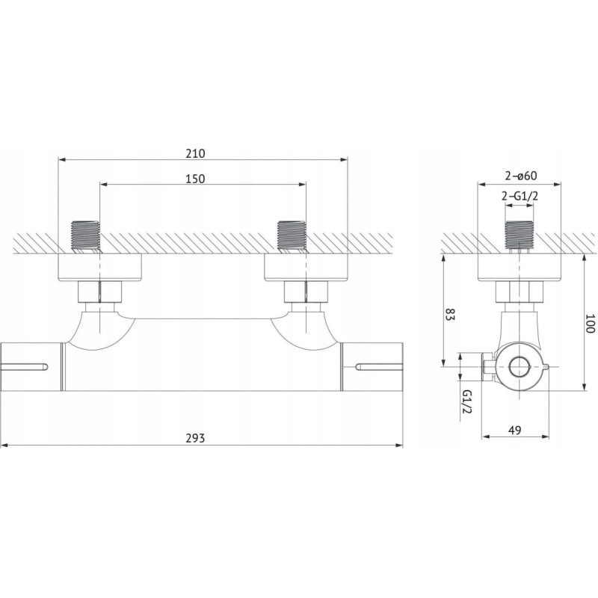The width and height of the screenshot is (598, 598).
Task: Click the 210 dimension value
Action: (195, 153)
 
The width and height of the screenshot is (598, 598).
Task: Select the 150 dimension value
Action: (195, 179)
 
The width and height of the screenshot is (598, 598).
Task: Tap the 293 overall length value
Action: (195, 438)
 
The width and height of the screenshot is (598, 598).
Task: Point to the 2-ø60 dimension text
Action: (521, 176)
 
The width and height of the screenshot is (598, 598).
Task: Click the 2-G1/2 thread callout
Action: (520, 196)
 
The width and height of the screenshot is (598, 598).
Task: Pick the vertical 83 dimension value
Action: (451, 314)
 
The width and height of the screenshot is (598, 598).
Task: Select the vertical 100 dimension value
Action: (590, 323)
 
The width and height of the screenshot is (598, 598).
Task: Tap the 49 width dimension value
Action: (514, 431)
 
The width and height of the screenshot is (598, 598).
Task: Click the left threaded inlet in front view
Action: (85, 236)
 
